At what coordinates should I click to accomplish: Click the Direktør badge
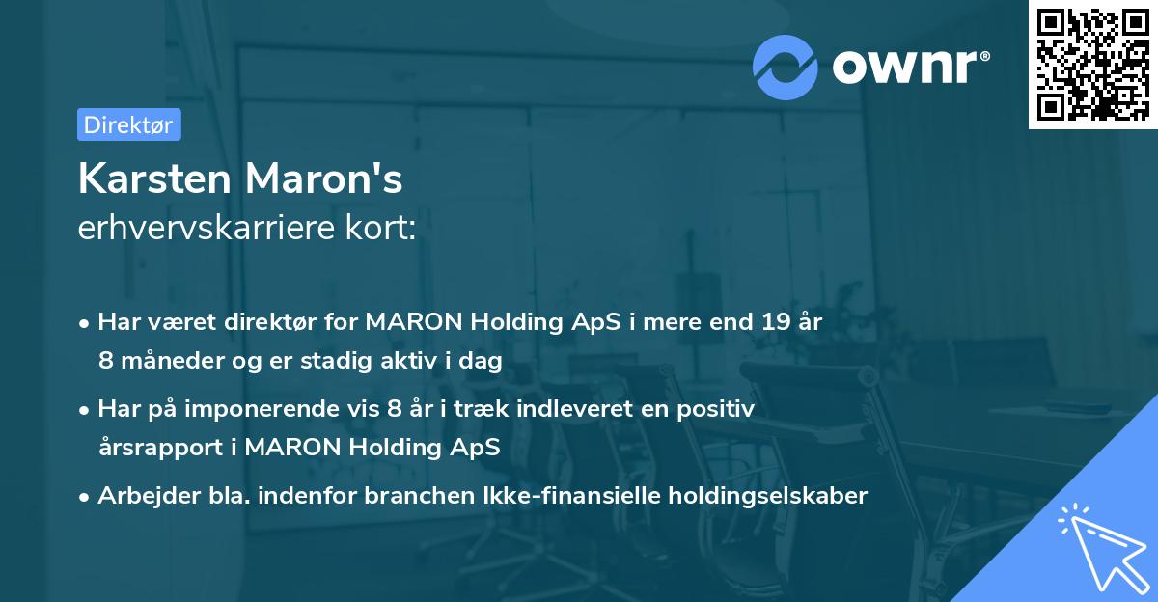click(x=128, y=124)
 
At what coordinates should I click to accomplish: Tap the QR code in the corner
click(x=1091, y=66)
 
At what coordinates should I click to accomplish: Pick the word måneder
click(x=166, y=361)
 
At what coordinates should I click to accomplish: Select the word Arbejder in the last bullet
click(x=141, y=496)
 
